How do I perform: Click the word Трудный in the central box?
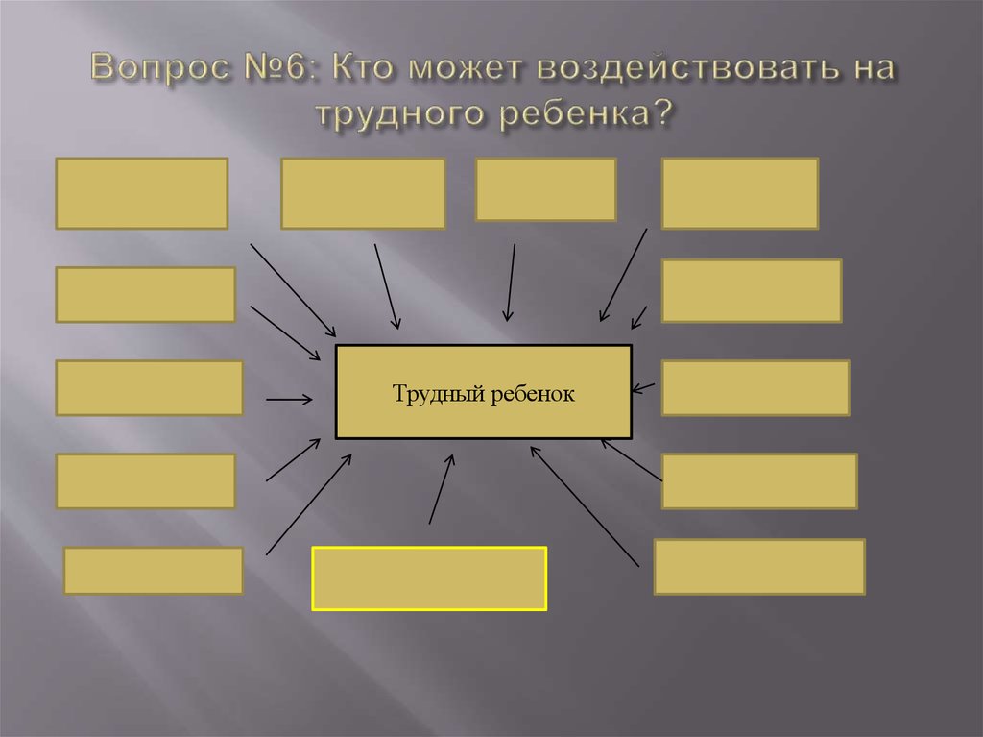[434, 394]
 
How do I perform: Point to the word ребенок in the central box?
[533, 394]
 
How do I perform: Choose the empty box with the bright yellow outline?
[429, 578]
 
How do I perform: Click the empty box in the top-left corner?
[141, 193]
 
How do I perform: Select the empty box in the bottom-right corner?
[759, 567]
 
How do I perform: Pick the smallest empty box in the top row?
[545, 189]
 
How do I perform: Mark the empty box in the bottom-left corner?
[154, 571]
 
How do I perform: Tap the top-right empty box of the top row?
[739, 193]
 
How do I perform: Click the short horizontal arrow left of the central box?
[289, 399]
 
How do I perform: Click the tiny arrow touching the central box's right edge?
[644, 388]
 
